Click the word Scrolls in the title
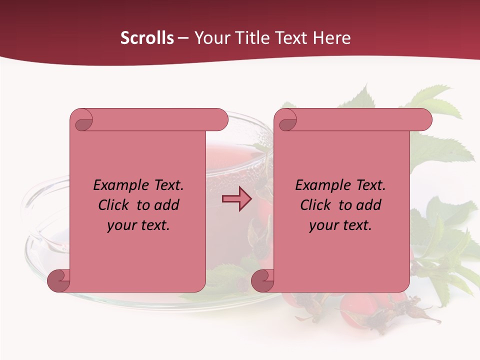[147, 38]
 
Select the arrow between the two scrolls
[237, 199]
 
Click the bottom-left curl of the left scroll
[58, 280]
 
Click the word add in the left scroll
[167, 205]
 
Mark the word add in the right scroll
[369, 205]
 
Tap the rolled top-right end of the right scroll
[423, 119]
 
